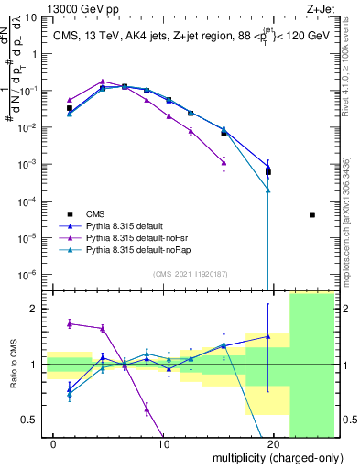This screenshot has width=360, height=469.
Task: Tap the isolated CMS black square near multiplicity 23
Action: click(312, 214)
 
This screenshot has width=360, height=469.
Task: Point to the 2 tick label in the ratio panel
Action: click(34, 309)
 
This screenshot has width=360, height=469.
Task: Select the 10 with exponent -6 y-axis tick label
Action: click(28, 274)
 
